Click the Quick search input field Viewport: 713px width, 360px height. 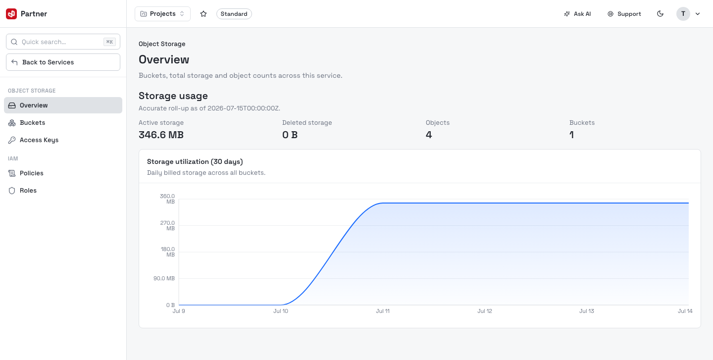click(x=63, y=42)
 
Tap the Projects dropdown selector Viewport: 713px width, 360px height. click(x=162, y=14)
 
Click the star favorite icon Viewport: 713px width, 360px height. click(x=204, y=14)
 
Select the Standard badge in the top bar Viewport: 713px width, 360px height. click(x=234, y=14)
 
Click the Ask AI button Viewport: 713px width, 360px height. click(x=577, y=14)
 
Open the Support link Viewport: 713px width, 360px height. click(x=624, y=14)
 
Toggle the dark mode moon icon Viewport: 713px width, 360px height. click(x=660, y=14)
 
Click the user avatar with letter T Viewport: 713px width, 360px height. click(x=683, y=14)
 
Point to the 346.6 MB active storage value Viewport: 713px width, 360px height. click(x=161, y=135)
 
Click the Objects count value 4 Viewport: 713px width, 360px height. click(x=429, y=135)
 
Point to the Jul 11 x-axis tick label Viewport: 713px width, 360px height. click(x=383, y=311)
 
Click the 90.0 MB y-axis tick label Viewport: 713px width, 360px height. click(x=164, y=278)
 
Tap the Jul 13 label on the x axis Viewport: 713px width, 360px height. click(x=587, y=311)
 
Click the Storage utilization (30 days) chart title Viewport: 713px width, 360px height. click(x=195, y=162)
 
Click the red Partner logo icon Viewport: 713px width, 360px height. click(x=11, y=14)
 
